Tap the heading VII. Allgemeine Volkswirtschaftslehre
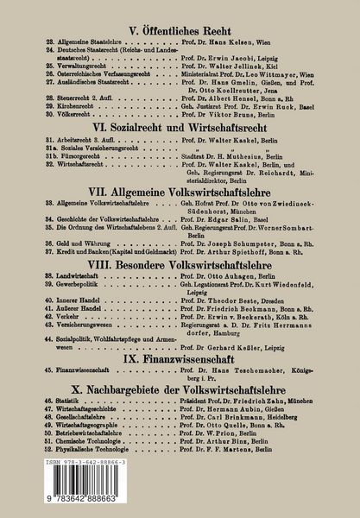[180, 187]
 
